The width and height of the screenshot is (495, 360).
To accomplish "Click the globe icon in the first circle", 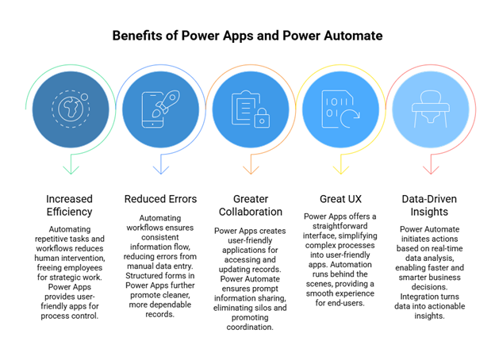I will click(69, 109).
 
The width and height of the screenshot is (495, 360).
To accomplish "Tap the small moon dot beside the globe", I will click(84, 97).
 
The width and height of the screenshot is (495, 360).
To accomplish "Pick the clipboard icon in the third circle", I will click(245, 107).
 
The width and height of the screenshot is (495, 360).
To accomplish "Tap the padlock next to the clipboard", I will click(261, 120).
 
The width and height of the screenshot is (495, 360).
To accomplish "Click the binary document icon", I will click(335, 109).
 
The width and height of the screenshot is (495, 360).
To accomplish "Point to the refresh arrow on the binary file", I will click(349, 119).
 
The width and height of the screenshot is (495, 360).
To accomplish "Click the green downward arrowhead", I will click(71, 168).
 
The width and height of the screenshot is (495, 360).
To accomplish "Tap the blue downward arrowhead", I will click(161, 168).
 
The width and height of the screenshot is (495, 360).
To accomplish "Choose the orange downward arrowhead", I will click(251, 168).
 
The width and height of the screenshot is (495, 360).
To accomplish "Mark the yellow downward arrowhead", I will click(341, 168).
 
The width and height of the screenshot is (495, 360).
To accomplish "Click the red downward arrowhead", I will click(431, 168).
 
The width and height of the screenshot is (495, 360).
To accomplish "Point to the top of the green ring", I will click(71, 65).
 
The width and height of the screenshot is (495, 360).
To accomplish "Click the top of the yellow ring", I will click(341, 65).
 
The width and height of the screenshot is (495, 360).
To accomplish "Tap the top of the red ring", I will click(431, 65).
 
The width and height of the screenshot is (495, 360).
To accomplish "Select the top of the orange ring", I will click(251, 65).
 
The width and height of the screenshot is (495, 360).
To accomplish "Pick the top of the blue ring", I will click(161, 65).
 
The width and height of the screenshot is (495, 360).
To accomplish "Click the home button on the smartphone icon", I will click(152, 123).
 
